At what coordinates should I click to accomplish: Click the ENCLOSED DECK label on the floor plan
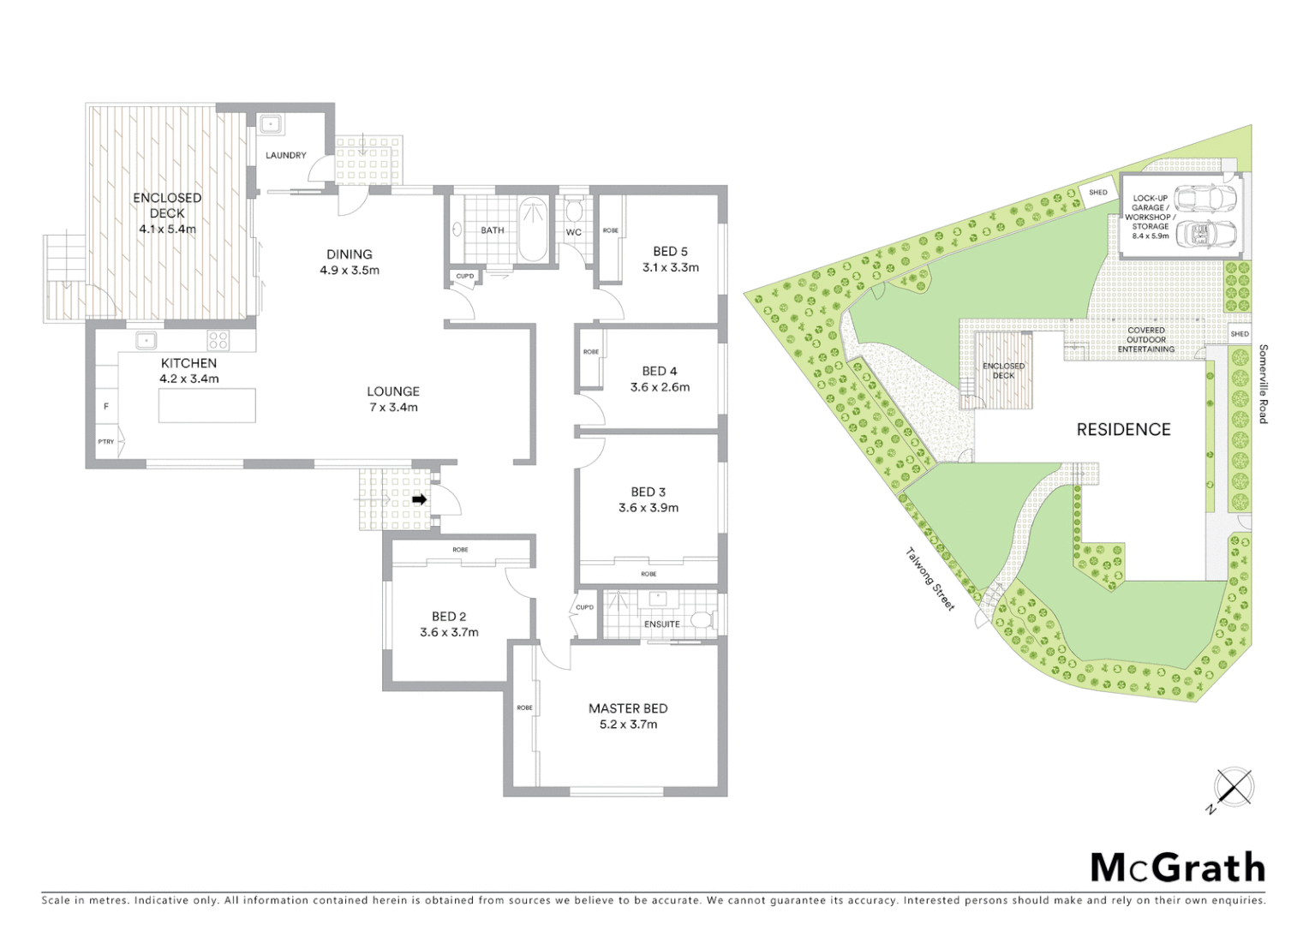click(x=167, y=206)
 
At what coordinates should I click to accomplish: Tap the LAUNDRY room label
click(x=285, y=155)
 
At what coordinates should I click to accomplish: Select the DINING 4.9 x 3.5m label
click(x=350, y=262)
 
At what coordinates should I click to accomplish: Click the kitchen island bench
click(x=206, y=405)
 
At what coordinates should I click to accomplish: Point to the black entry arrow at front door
click(x=419, y=499)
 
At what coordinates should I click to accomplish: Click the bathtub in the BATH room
click(x=534, y=229)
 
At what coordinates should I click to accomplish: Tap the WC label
click(x=573, y=232)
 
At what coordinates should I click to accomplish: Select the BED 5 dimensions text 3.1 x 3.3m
click(x=670, y=267)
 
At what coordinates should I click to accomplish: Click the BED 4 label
click(x=660, y=371)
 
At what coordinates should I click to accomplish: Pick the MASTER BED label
click(x=628, y=708)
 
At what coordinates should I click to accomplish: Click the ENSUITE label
click(x=661, y=624)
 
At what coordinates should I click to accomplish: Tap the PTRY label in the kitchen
click(x=105, y=442)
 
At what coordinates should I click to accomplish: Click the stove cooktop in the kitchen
click(x=218, y=340)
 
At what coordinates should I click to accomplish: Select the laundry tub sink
click(x=272, y=125)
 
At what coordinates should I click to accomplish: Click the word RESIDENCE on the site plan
click(x=1123, y=430)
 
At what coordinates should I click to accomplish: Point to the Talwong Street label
click(x=929, y=579)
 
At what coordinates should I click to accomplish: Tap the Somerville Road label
click(x=1263, y=384)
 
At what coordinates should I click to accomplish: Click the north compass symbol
click(x=1233, y=787)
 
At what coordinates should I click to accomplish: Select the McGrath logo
click(x=1177, y=868)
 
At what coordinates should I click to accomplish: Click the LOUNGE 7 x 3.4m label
click(x=393, y=399)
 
